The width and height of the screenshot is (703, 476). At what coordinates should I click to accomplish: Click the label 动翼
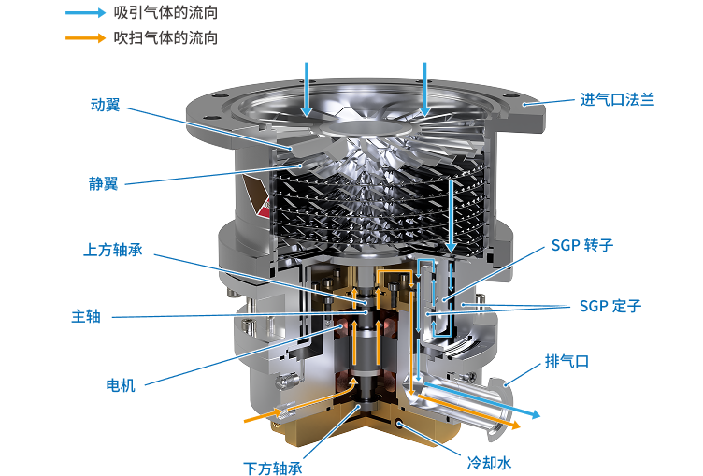106,105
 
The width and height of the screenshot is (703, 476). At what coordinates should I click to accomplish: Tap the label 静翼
103,183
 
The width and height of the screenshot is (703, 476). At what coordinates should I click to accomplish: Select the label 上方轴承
113,250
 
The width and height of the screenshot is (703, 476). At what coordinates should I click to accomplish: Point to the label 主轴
86,316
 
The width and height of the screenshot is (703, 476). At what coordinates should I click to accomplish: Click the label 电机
121,385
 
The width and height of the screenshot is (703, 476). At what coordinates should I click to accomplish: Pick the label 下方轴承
273,469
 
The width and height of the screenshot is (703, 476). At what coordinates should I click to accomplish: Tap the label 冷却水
489,463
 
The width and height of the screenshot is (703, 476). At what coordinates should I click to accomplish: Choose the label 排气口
567,361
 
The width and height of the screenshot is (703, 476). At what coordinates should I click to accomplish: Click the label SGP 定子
610,306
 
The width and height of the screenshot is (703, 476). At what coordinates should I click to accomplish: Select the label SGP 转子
582,245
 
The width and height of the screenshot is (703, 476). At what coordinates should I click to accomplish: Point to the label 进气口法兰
617,99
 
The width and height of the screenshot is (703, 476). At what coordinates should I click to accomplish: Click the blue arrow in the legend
86,12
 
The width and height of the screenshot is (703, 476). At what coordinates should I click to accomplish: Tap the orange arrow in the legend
86,37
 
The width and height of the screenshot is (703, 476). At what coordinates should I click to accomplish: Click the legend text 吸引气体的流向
165,12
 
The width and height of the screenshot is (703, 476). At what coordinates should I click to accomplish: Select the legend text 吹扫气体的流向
165,37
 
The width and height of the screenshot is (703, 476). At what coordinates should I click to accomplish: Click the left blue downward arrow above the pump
307,90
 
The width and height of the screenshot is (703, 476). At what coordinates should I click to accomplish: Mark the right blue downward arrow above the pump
424,90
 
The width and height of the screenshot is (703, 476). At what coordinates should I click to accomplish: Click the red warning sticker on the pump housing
257,195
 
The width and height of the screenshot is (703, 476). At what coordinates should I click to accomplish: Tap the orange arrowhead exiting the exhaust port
515,424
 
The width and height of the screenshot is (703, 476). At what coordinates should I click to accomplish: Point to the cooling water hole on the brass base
398,422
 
